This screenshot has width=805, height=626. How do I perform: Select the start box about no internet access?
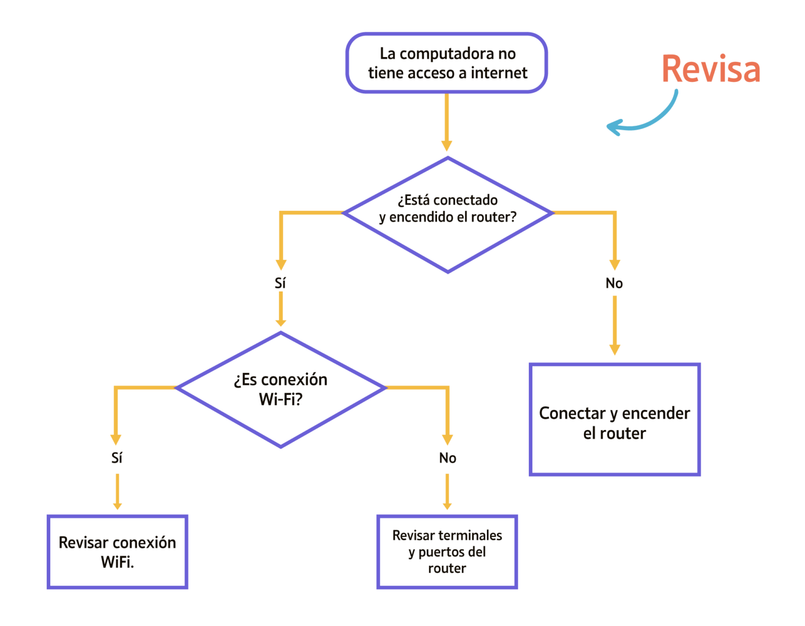click(447, 63)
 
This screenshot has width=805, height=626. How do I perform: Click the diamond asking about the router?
click(448, 214)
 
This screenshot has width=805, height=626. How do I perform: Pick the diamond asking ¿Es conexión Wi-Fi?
click(281, 390)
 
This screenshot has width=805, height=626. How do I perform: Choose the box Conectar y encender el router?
click(614, 420)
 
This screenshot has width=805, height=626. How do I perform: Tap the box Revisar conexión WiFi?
click(117, 552)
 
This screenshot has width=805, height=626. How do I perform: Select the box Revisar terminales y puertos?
click(447, 552)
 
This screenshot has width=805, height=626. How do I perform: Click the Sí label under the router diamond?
click(280, 284)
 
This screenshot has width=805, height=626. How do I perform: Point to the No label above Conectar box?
click(614, 284)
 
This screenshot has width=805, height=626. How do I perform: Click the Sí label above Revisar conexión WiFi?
click(117, 458)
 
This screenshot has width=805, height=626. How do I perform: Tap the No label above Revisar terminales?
click(448, 458)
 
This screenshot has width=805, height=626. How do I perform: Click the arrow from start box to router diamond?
click(447, 121)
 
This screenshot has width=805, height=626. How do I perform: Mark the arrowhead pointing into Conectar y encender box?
click(615, 350)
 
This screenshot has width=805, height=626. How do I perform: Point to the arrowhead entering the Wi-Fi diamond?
click(281, 321)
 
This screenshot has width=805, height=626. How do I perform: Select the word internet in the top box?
click(499, 73)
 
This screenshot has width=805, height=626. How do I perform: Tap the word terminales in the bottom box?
click(476, 535)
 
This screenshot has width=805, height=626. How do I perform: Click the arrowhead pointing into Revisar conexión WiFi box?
click(117, 505)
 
